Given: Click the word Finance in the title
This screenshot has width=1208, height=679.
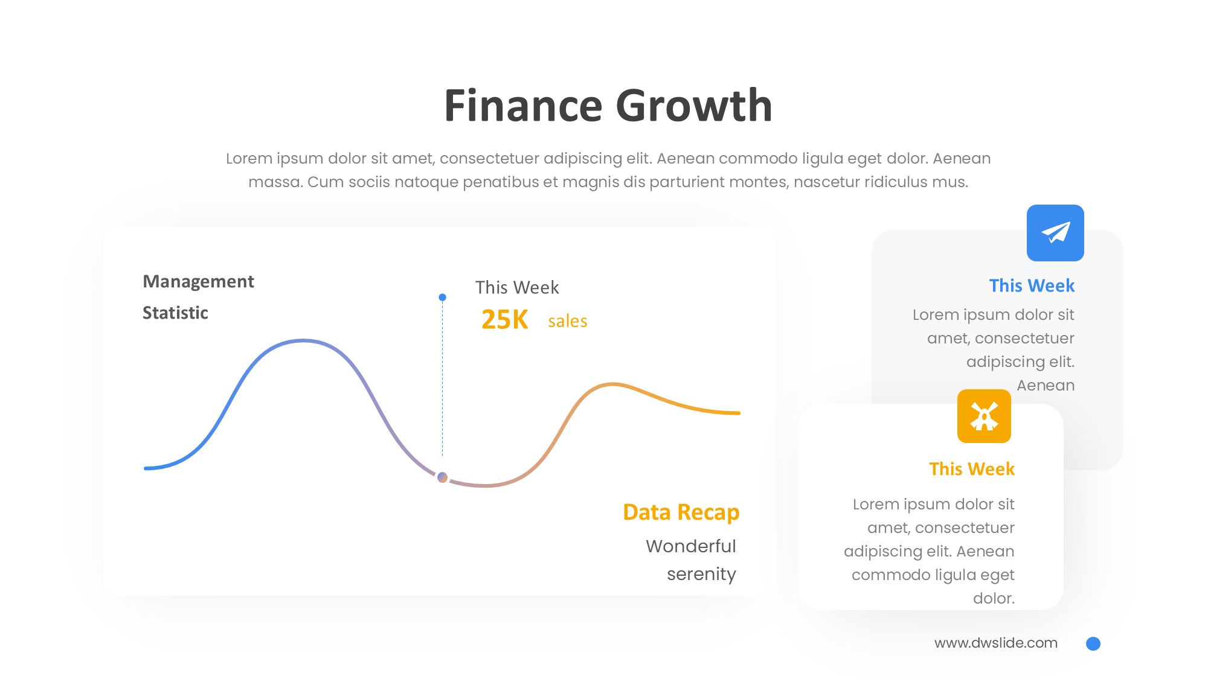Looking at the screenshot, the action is click(x=523, y=106).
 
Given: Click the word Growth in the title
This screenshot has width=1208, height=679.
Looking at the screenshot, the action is click(x=694, y=106).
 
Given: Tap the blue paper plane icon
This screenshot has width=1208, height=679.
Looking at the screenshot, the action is click(x=1055, y=233).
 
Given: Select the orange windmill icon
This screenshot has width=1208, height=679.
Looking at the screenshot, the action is click(x=984, y=416).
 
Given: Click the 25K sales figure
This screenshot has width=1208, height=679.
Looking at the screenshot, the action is click(x=505, y=320).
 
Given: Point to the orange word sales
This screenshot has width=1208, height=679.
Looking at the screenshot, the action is click(x=568, y=321).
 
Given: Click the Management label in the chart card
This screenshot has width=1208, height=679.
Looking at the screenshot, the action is click(x=198, y=282).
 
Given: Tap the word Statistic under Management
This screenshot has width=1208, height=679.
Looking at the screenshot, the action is click(x=175, y=313).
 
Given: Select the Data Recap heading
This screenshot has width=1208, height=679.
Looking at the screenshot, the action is click(x=681, y=512).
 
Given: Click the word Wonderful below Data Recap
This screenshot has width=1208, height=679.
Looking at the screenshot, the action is click(x=691, y=546).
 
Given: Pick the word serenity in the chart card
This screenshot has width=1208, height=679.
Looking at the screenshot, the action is click(x=701, y=574).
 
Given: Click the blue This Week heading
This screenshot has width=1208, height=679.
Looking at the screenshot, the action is click(x=1032, y=285).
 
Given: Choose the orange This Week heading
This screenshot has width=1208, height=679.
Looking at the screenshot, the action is click(x=972, y=469).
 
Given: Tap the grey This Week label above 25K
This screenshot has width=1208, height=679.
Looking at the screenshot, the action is click(x=517, y=287).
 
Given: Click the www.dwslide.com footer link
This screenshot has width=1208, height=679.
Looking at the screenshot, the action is click(x=996, y=643).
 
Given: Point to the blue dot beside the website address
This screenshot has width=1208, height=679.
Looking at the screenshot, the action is click(x=1093, y=644).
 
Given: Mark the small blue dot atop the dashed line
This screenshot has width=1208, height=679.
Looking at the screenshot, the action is click(x=443, y=297).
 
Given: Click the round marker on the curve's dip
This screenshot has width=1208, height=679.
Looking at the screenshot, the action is click(x=443, y=477).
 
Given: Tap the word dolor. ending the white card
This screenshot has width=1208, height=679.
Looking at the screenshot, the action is click(x=994, y=598).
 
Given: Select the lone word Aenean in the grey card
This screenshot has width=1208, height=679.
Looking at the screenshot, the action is click(x=1046, y=385).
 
